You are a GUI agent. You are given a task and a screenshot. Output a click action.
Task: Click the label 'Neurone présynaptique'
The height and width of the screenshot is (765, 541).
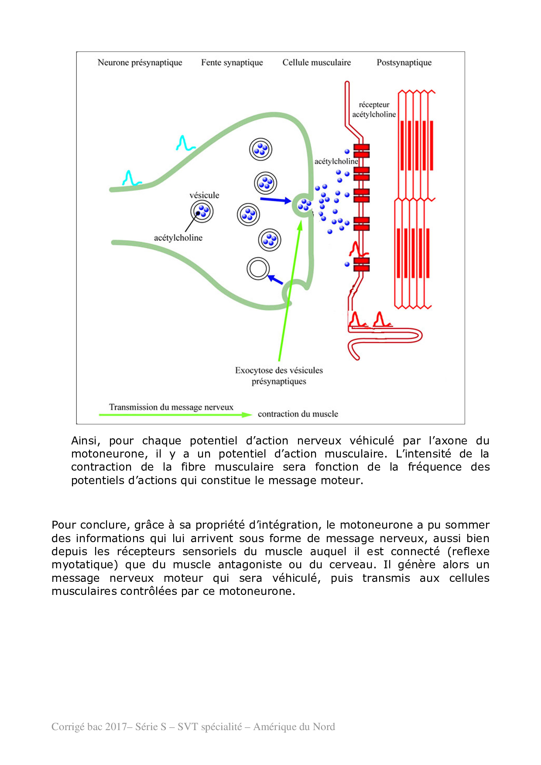click(140, 63)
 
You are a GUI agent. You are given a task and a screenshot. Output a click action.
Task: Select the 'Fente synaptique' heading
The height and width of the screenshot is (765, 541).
click(232, 63)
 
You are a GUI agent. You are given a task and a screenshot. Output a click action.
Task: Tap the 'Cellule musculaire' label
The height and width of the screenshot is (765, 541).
click(316, 63)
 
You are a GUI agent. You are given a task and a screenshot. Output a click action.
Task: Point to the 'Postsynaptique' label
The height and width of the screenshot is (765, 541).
click(404, 63)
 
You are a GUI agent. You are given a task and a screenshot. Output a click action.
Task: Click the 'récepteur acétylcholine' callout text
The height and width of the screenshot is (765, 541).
click(374, 109)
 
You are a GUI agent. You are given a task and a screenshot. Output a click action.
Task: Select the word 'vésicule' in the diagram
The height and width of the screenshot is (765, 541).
click(204, 195)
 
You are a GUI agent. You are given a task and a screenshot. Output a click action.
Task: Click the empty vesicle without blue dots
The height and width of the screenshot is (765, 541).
click(258, 269)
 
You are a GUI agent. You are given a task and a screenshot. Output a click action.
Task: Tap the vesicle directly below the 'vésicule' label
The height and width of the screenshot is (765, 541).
click(202, 212)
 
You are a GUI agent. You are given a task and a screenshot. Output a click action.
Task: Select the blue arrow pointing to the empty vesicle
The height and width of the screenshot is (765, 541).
click(275, 279)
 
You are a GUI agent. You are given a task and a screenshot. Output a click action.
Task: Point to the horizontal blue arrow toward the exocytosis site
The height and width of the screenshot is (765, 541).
click(275, 200)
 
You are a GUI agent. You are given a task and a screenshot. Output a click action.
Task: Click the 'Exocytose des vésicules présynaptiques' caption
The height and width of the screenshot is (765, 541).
click(279, 376)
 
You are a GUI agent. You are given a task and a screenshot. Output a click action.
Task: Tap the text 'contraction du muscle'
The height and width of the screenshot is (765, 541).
click(298, 414)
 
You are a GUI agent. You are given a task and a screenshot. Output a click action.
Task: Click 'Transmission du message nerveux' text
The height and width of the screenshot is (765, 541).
click(171, 407)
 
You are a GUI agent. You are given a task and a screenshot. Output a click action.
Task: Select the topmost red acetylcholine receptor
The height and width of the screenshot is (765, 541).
click(362, 151)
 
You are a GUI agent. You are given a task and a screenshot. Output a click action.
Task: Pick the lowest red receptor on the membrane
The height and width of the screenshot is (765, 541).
click(362, 265)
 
